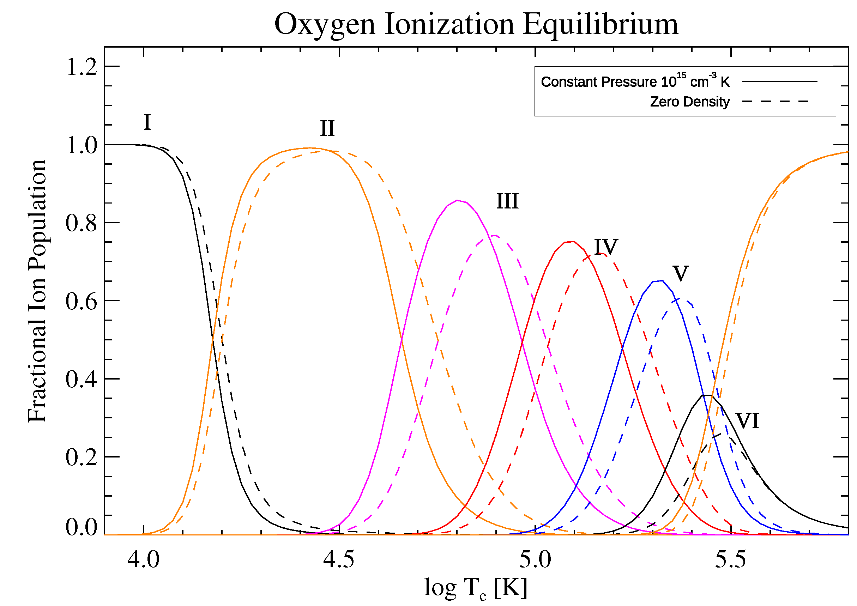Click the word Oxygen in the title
coord(324,25)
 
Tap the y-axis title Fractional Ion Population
coord(37,291)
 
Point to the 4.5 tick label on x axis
coord(339,559)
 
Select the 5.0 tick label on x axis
coord(535,559)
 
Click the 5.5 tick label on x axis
coord(730,559)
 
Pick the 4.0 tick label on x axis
coord(143,559)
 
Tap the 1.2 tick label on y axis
coord(82,67)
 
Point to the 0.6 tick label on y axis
coord(82,301)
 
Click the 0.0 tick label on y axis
coord(82,527)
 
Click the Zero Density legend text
coord(690,102)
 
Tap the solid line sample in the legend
coord(780,81)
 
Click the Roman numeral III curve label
coord(507,201)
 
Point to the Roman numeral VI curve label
coord(747,421)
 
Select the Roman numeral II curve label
coord(327,128)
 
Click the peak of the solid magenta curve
coord(458,200)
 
